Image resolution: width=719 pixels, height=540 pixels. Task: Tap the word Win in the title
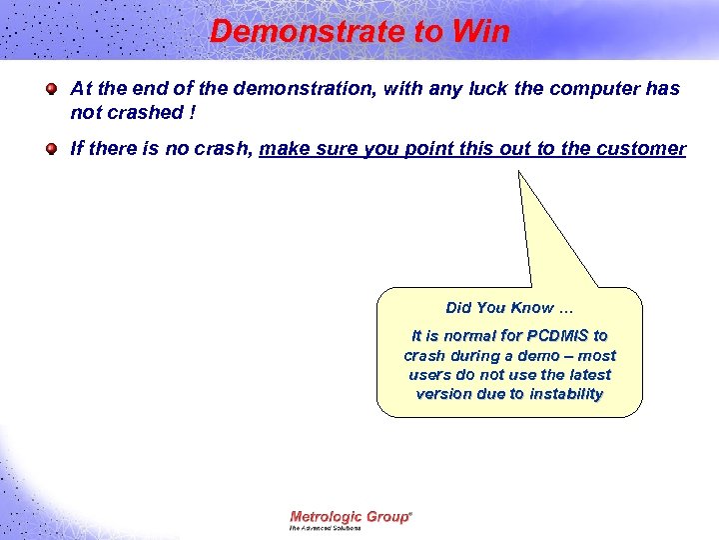coord(480,32)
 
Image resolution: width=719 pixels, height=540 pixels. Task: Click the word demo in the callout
coord(538,355)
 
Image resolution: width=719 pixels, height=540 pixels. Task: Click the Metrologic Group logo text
coord(351,516)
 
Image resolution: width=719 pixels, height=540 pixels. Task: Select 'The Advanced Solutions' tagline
coord(326,527)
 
